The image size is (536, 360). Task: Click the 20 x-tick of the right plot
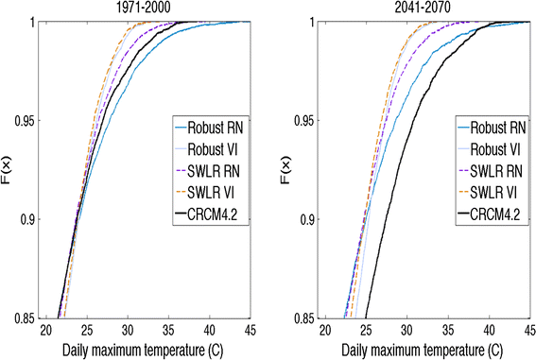(325, 331)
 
